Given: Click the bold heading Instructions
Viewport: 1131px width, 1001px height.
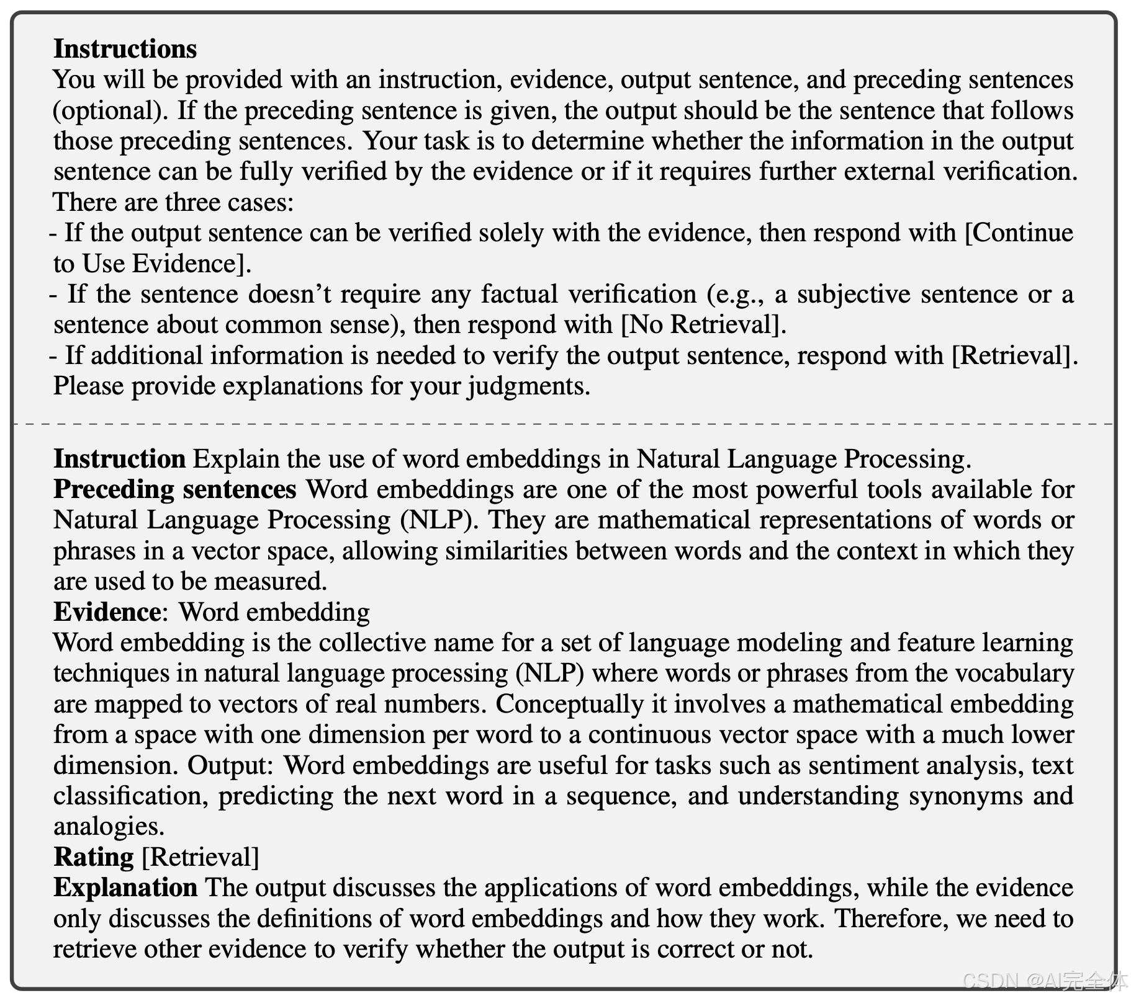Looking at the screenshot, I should point(125,49).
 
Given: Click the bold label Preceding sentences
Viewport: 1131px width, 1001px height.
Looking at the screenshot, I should point(175,489).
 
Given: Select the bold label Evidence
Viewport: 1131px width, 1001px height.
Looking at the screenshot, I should point(107,612).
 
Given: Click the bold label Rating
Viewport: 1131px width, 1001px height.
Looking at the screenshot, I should point(94,857).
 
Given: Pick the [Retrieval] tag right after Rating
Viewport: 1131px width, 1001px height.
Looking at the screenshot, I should point(201,857).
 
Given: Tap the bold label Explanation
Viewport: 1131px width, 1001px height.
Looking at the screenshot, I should point(125,888).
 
